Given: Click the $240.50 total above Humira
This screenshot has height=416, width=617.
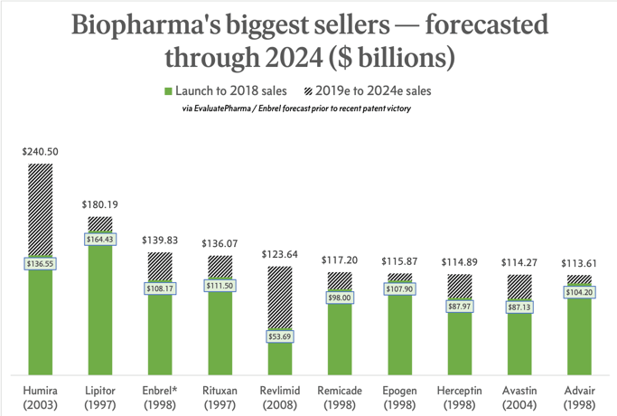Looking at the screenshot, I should [x=41, y=152].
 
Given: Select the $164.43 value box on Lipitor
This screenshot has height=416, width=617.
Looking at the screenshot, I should [x=100, y=240].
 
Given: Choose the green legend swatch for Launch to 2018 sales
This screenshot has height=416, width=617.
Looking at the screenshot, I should [x=169, y=90].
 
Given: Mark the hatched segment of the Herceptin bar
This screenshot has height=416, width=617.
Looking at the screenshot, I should [x=459, y=287].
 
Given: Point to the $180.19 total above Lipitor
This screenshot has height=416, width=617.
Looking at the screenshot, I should [x=100, y=205].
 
